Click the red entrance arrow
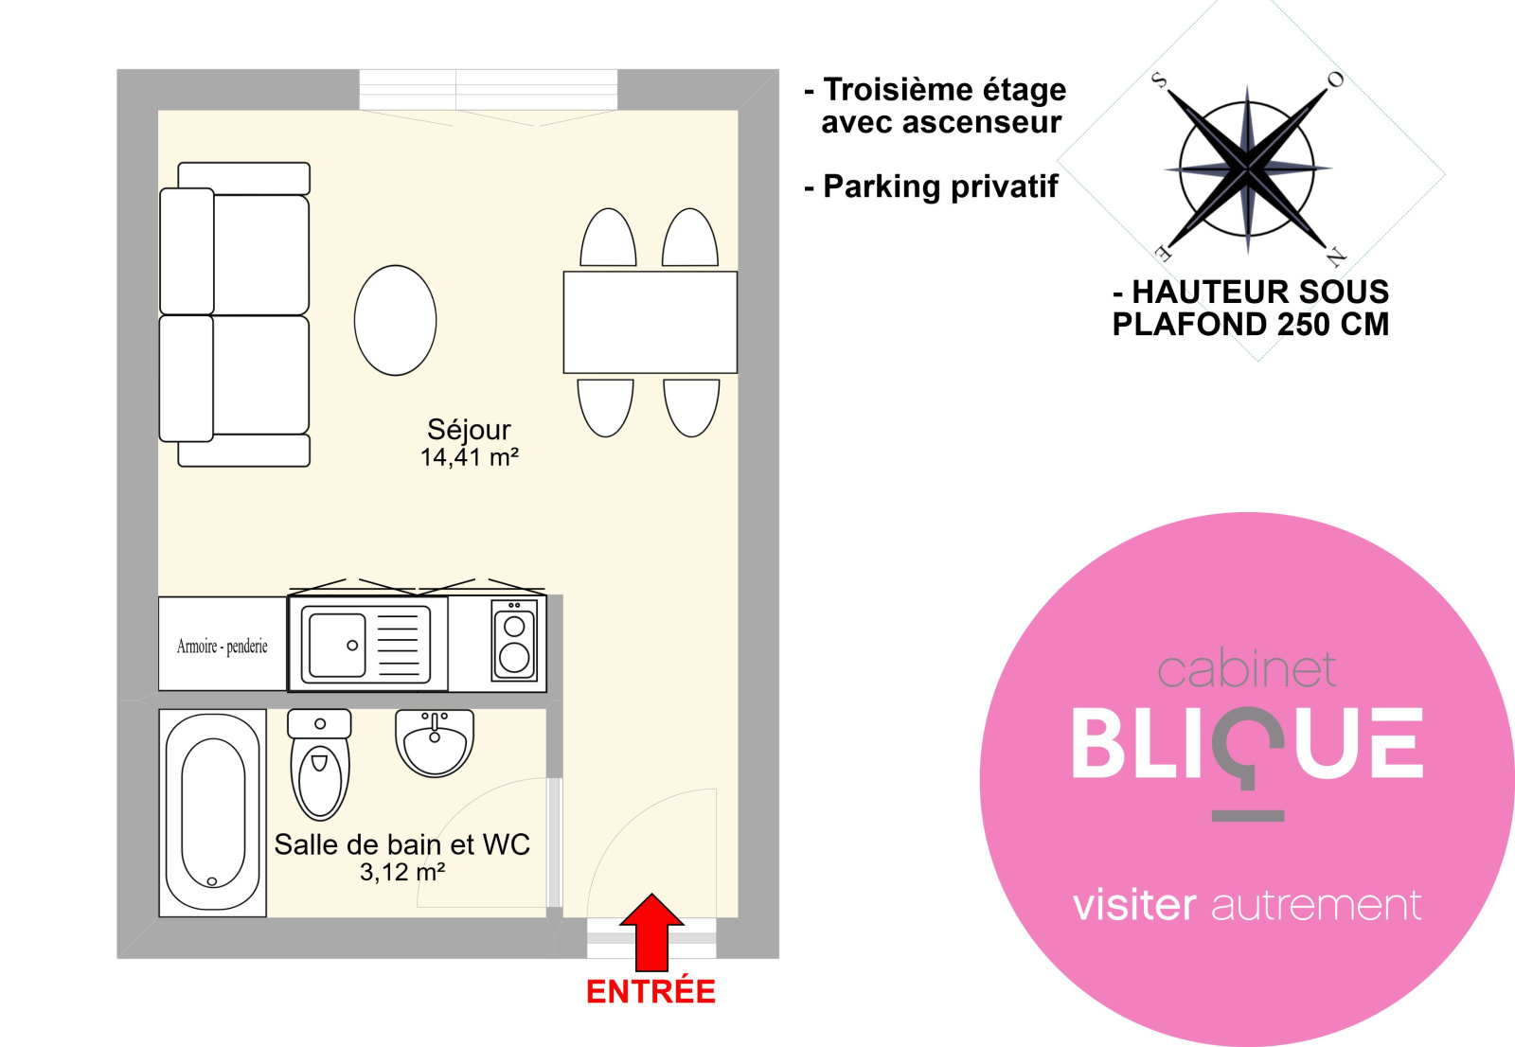tap(651, 932)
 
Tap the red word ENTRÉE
tap(651, 991)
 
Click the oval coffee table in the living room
tap(396, 320)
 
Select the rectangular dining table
tap(650, 322)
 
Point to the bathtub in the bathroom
tap(212, 813)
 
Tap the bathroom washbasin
tap(435, 742)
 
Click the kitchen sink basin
tap(337, 645)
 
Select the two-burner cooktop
tap(515, 640)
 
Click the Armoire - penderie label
tap(222, 647)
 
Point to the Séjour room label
tap(469, 430)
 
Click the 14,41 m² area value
tap(469, 458)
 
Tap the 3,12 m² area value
tap(402, 872)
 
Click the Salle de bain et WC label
tap(402, 844)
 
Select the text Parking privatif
tap(940, 186)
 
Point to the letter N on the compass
tap(1336, 257)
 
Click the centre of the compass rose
tap(1247, 169)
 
